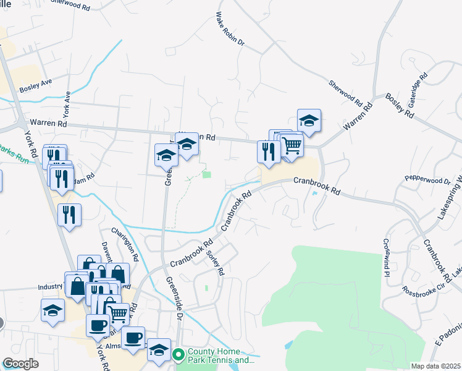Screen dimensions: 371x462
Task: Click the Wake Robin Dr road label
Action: click(230, 30)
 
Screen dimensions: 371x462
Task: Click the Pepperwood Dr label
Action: click(428, 180)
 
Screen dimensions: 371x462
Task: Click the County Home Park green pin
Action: click(178, 355)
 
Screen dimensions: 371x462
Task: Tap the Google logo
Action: click(20, 364)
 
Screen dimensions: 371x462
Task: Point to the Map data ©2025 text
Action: click(436, 366)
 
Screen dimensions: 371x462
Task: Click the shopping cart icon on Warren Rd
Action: click(292, 145)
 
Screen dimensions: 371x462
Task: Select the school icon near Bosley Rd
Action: click(309, 120)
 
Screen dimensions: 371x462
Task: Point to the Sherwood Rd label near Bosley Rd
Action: click(345, 92)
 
